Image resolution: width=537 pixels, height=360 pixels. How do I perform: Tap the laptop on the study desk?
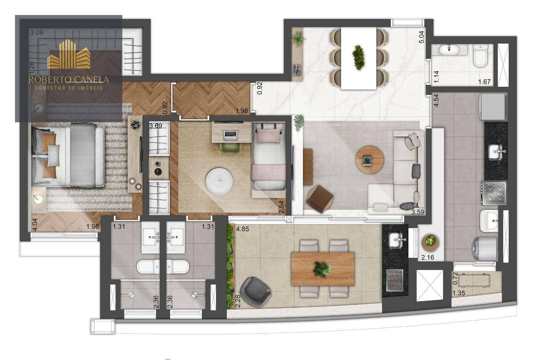230,134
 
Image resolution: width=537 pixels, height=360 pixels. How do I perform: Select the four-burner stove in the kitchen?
494,192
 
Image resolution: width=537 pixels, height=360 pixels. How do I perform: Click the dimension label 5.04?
422,37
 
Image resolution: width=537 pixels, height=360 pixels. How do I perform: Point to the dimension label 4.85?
242,229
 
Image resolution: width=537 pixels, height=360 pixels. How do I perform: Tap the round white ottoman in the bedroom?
219,181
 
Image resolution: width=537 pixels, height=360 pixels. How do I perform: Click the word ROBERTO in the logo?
48,80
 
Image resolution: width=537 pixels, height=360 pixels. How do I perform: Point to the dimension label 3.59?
418,212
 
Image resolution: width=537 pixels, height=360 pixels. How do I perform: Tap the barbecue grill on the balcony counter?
395,280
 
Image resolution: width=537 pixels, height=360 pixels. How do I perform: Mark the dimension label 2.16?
428,257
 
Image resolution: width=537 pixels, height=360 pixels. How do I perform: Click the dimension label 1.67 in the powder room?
484,82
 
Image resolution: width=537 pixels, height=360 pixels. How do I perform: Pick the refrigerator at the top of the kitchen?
492,106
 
